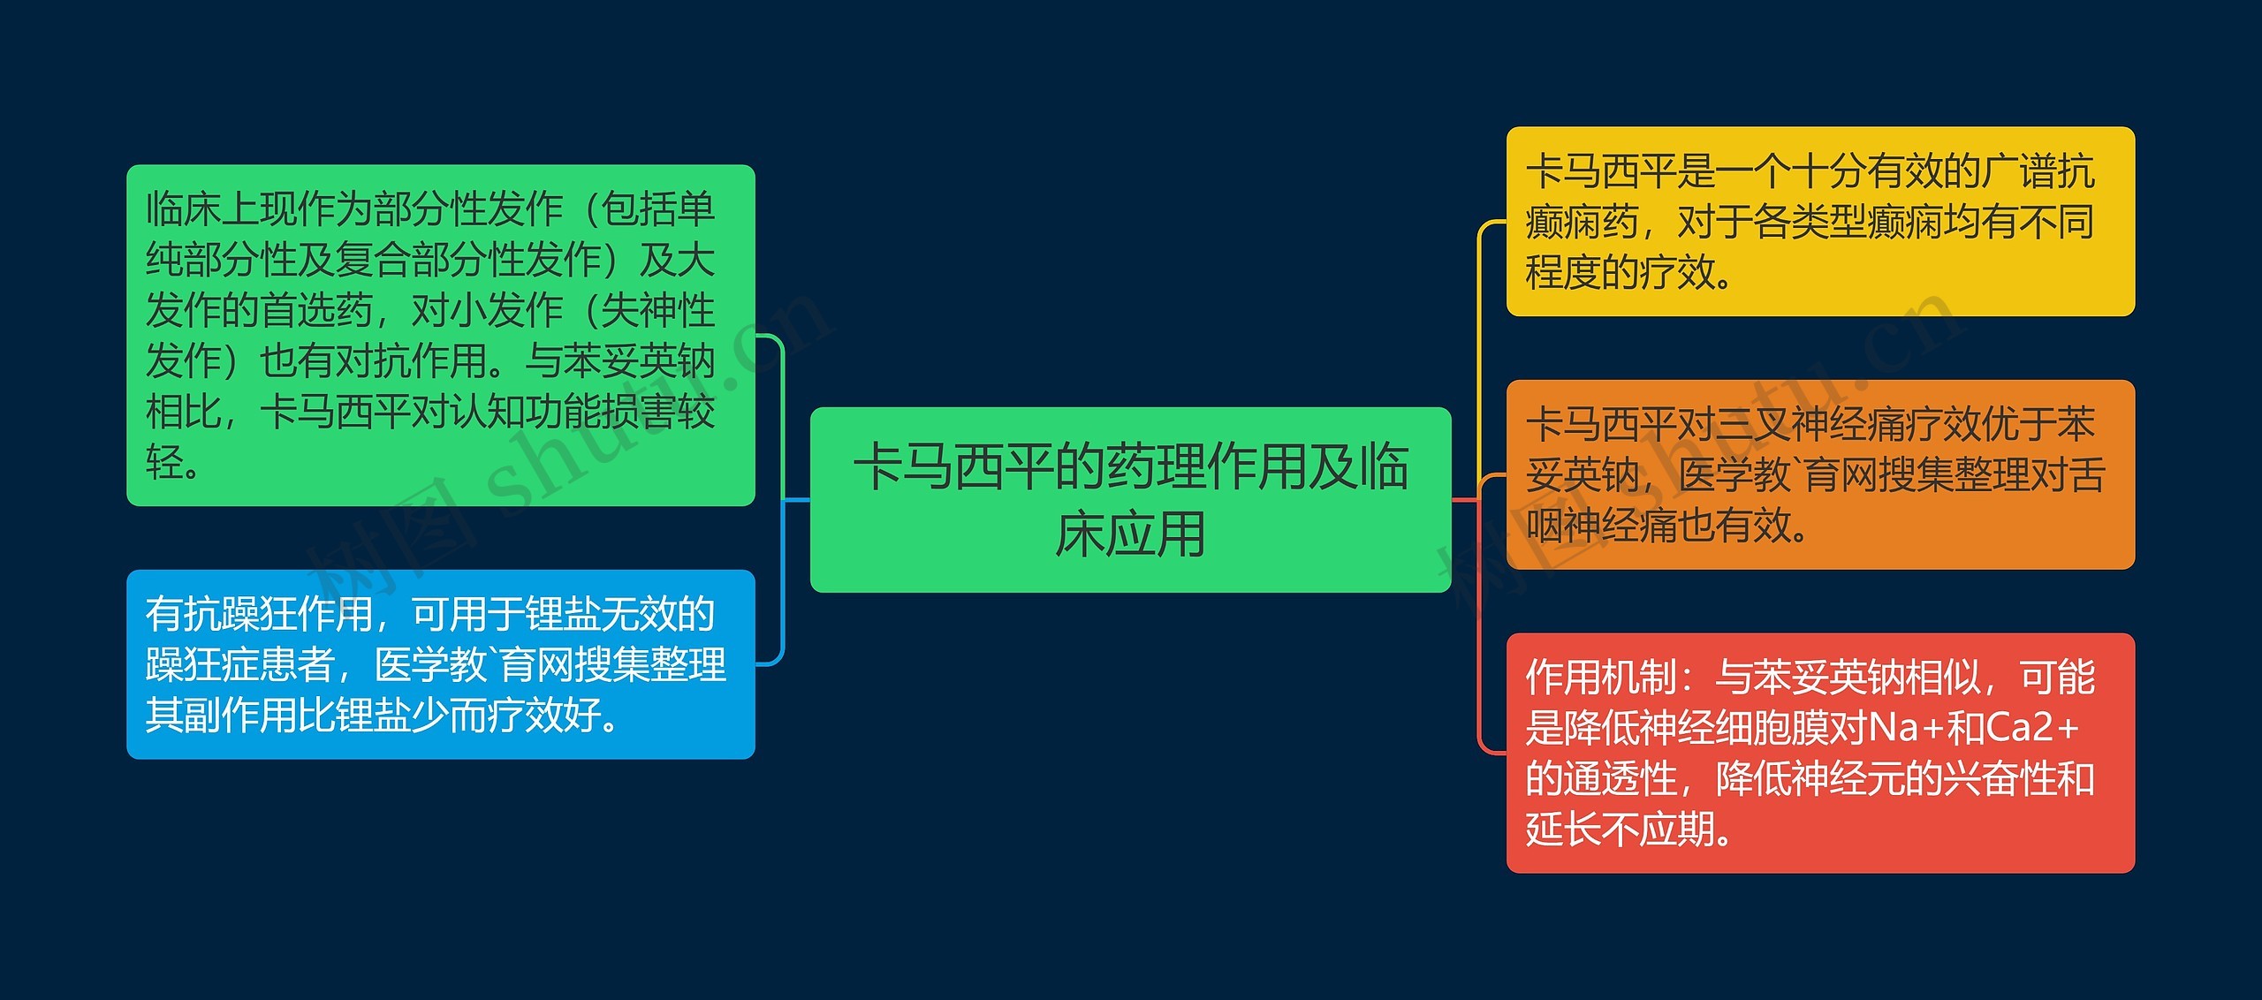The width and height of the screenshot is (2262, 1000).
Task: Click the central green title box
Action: point(1130,499)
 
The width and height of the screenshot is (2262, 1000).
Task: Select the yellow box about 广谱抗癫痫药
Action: point(1819,221)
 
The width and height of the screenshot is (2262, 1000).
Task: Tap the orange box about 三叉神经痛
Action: point(1819,474)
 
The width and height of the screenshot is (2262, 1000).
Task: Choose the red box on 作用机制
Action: point(1819,753)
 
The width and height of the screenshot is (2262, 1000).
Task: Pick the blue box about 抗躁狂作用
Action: point(440,664)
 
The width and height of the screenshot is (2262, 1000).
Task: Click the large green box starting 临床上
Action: point(440,335)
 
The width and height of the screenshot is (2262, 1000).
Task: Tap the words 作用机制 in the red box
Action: point(1601,678)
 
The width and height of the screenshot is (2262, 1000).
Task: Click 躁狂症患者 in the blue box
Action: point(240,665)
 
